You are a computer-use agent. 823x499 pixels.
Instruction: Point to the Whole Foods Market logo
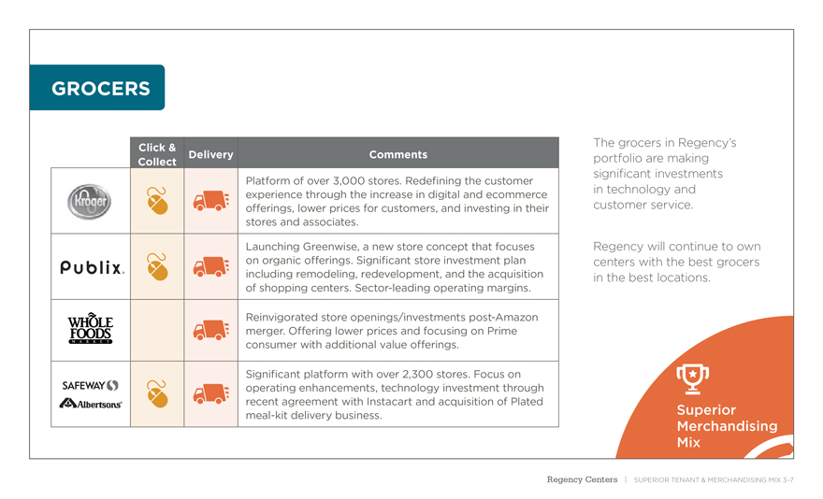coord(90,329)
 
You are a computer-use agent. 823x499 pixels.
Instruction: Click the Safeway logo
coord(90,384)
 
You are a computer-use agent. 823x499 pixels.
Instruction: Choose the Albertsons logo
coord(91,403)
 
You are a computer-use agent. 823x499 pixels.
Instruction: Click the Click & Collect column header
coord(157,154)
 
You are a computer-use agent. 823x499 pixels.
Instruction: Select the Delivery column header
coord(210,154)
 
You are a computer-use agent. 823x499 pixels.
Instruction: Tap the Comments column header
coord(397,154)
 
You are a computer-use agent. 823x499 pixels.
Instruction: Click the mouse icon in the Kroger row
coord(158,200)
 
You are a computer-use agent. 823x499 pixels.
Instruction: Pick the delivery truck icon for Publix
coord(211,267)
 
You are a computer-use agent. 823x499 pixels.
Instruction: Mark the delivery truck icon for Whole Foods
coord(211,330)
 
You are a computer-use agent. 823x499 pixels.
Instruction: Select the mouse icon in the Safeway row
coord(158,393)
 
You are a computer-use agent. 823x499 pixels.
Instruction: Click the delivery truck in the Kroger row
coord(211,201)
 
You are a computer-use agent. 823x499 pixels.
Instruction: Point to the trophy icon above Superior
coord(692,376)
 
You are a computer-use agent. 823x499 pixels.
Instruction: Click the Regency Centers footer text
coord(582,479)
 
